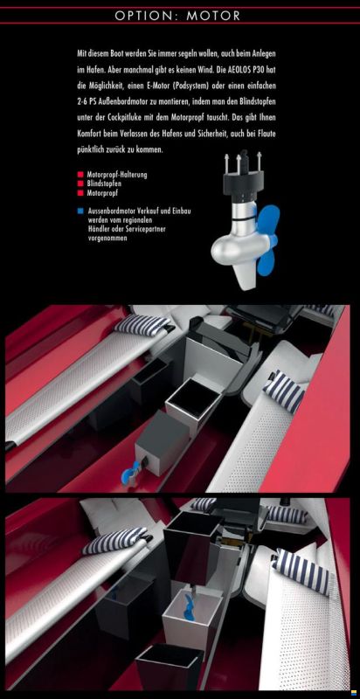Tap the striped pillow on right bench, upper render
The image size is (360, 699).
click(283, 394)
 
